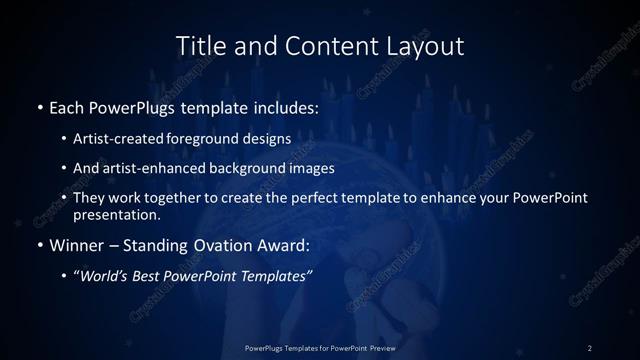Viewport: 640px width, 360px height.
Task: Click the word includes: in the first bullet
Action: (x=282, y=106)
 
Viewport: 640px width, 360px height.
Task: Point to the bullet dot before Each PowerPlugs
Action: (x=39, y=106)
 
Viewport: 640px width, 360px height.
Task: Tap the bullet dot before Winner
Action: (x=39, y=244)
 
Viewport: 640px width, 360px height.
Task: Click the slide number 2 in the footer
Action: (x=590, y=347)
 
